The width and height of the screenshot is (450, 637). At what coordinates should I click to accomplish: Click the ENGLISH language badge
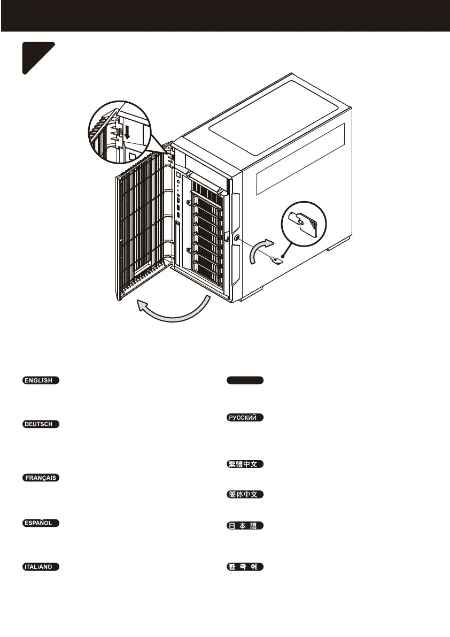pos(41,381)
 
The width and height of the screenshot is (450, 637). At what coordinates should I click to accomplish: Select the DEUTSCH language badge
pos(41,425)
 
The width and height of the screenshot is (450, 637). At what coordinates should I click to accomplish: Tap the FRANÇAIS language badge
pos(41,478)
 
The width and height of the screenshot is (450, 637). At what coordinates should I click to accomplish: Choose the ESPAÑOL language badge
pos(41,523)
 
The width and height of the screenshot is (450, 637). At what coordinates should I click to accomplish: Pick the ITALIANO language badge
pos(41,566)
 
